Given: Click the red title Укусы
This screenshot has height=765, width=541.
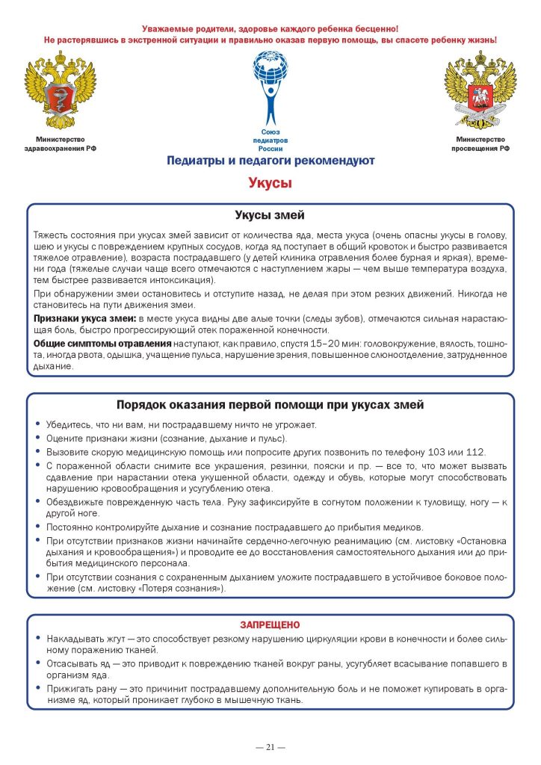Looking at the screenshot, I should pos(270,183).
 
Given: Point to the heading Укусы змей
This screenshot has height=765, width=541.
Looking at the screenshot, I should pos(270,216).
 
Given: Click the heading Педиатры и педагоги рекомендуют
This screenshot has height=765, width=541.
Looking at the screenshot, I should pos(270,161).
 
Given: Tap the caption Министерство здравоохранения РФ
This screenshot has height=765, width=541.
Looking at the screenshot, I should pos(61,144).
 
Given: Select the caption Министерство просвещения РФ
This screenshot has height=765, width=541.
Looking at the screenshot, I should pos(480,144).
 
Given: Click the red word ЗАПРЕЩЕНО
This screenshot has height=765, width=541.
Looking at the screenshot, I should pos(270,624).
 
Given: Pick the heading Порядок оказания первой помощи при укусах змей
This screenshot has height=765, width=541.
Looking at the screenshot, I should pos(270,405).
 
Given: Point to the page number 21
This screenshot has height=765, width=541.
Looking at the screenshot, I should pos(270,746).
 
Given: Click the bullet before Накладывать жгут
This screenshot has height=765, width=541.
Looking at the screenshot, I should pos(37,640).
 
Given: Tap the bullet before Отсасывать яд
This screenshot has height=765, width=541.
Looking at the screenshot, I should pos(37,663).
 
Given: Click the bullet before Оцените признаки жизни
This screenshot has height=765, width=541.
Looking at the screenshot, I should pos(37,439).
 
